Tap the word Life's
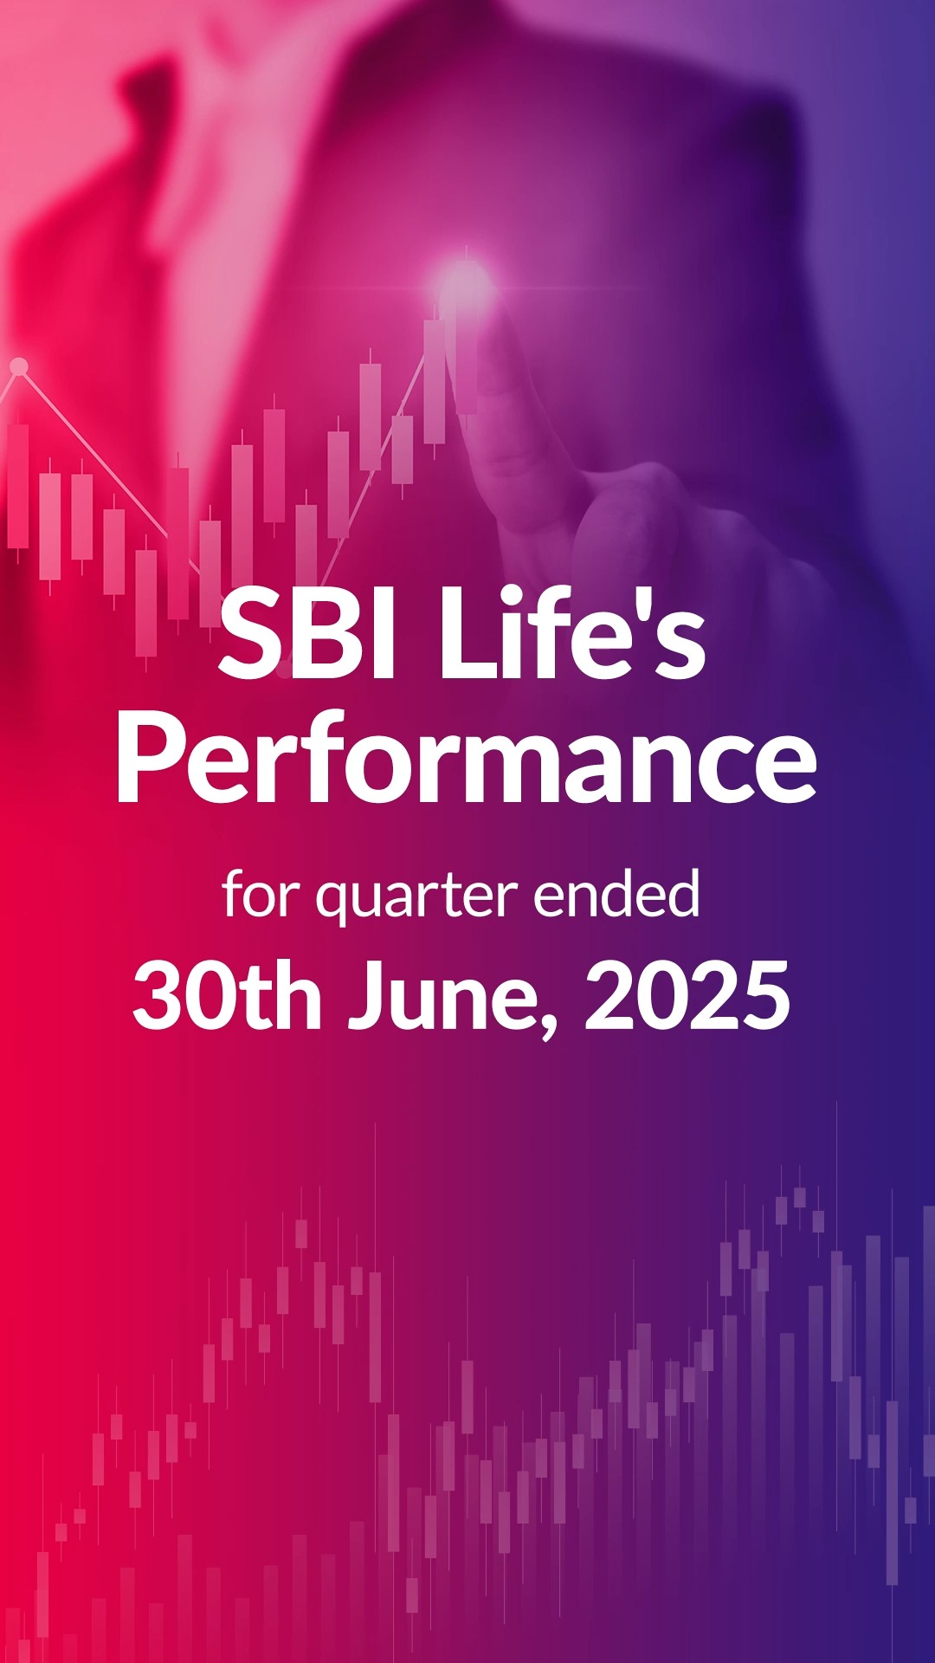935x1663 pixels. point(572,634)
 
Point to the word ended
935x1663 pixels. point(616,896)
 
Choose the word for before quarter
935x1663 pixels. point(261,896)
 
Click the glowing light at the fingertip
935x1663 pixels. point(465,280)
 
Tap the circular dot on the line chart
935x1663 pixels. point(18,367)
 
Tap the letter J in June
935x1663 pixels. point(368,996)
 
